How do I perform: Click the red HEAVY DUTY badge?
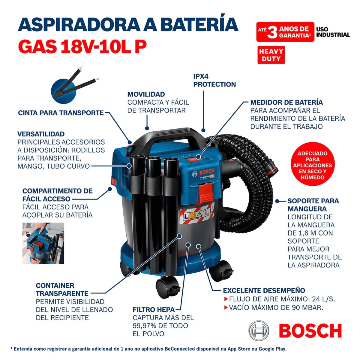click(x=271, y=55)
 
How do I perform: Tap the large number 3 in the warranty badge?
click(x=272, y=32)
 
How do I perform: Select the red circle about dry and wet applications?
click(x=312, y=165)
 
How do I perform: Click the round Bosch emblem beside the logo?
click(x=259, y=331)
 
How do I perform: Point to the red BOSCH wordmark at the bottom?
click(x=310, y=331)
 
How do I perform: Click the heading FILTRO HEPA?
click(x=154, y=310)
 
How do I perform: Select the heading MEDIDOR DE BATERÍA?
click(x=286, y=102)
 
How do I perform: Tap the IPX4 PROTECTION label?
click(x=214, y=80)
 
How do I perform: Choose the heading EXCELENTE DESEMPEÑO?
click(x=264, y=290)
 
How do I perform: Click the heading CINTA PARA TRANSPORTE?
click(x=61, y=113)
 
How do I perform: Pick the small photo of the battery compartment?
click(x=43, y=243)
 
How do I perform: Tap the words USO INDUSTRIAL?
click(x=333, y=32)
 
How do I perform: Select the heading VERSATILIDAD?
click(x=41, y=134)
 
